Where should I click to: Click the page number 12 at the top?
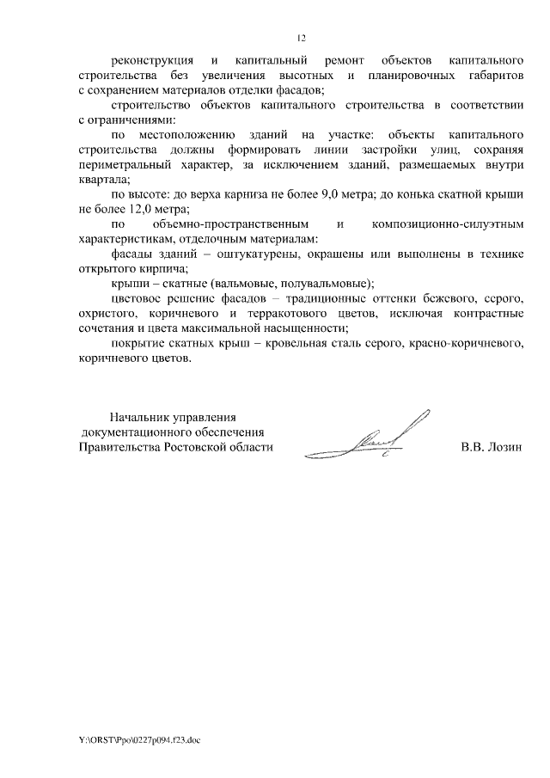pyautogui.click(x=301, y=38)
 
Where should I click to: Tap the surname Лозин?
pyautogui.click(x=504, y=447)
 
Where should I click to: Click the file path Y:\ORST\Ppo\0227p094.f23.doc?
pyautogui.click(x=138, y=738)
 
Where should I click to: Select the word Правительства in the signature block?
pyautogui.click(x=117, y=447)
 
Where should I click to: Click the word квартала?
pyautogui.click(x=101, y=180)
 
